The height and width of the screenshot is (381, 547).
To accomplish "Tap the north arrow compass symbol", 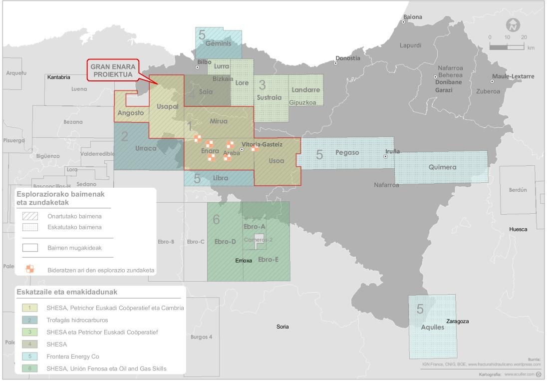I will pos(513,25).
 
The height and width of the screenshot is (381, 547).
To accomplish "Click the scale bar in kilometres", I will pos(507,46).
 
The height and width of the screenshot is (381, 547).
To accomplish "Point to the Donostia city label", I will pos(348,58).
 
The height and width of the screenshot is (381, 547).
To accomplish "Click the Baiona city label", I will pos(413,17).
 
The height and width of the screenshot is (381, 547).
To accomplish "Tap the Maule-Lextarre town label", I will pos(513,76).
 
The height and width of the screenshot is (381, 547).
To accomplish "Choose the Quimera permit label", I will pos(442,167).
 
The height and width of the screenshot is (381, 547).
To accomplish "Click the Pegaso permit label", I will pos(347,152).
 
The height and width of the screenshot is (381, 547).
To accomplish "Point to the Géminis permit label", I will pos(219,43).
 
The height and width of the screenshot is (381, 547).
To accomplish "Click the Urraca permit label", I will pos(146,148).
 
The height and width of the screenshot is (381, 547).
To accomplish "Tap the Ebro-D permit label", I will pos(225,242).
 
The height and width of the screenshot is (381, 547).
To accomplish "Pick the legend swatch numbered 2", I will pos(30,320).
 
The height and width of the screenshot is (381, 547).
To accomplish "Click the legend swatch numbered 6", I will pos(30,369).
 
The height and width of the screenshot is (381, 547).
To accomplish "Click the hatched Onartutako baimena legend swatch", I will pos(30,216).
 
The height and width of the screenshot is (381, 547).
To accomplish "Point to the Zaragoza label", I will pos(458,321).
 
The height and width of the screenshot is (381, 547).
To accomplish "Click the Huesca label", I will pos(518,229).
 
